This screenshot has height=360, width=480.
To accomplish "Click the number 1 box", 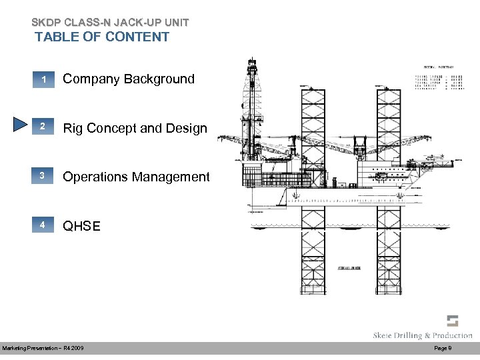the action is [x=43, y=80].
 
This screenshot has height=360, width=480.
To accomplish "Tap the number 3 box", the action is [x=43, y=177].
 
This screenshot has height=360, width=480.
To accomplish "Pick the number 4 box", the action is [x=43, y=225].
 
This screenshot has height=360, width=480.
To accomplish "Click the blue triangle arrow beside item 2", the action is [x=20, y=127].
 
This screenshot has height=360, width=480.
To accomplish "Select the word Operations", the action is [x=98, y=177].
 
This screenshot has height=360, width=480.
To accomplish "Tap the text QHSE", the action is [x=81, y=226].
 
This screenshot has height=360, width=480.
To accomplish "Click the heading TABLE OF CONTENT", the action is [x=102, y=37].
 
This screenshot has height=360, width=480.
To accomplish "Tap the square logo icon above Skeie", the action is [x=453, y=320].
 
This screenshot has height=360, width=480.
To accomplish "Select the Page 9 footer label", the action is [x=443, y=349].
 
